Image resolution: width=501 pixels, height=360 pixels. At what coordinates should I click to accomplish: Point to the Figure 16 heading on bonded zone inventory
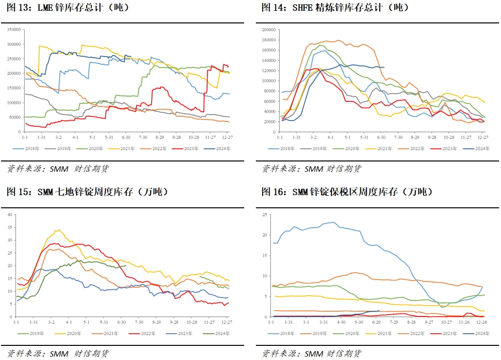coord(347,192)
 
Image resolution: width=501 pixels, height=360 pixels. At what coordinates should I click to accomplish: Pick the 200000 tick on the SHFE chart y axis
coord(269,30)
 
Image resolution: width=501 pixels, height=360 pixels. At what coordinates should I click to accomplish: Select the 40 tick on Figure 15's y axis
coord(11,215)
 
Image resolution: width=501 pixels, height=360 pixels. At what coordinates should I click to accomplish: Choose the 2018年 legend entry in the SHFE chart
coord(289,148)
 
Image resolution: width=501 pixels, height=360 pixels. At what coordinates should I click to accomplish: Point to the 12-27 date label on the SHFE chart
coord(482,138)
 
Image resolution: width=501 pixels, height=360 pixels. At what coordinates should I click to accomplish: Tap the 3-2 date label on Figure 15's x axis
coord(51,322)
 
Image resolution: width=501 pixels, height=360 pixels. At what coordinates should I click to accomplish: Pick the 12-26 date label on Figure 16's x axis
coord(481,322)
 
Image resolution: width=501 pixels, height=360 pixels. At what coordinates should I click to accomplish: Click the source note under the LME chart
coord(58,169)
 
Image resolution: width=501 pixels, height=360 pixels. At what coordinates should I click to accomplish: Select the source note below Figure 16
coord(311,354)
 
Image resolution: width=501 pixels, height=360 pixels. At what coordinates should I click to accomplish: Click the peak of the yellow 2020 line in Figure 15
coord(58,230)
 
